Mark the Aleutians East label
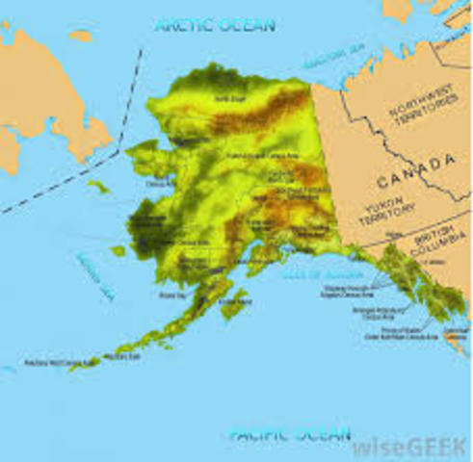coord(121,357)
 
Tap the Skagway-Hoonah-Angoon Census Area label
coord(381,287)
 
